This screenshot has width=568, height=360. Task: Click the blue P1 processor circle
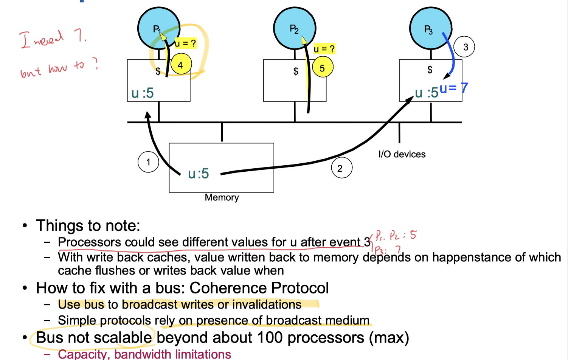158,29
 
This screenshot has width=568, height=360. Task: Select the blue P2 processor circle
295,29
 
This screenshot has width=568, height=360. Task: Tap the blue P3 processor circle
430,29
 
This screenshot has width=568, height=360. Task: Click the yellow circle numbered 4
181,65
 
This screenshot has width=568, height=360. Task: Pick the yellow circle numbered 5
322,68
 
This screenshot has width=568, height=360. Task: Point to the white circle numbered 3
464,47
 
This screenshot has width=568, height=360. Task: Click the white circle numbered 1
148,162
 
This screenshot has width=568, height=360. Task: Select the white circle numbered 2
341,168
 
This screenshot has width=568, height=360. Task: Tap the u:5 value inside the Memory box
199,174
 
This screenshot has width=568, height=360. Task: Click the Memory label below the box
222,197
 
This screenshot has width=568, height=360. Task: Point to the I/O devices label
402,154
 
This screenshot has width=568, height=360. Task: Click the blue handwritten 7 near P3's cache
464,88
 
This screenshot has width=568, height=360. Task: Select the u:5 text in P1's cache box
143,93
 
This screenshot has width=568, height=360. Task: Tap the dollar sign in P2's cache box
296,71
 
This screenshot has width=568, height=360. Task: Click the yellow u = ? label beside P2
324,49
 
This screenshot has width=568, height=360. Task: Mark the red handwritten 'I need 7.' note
53,39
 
